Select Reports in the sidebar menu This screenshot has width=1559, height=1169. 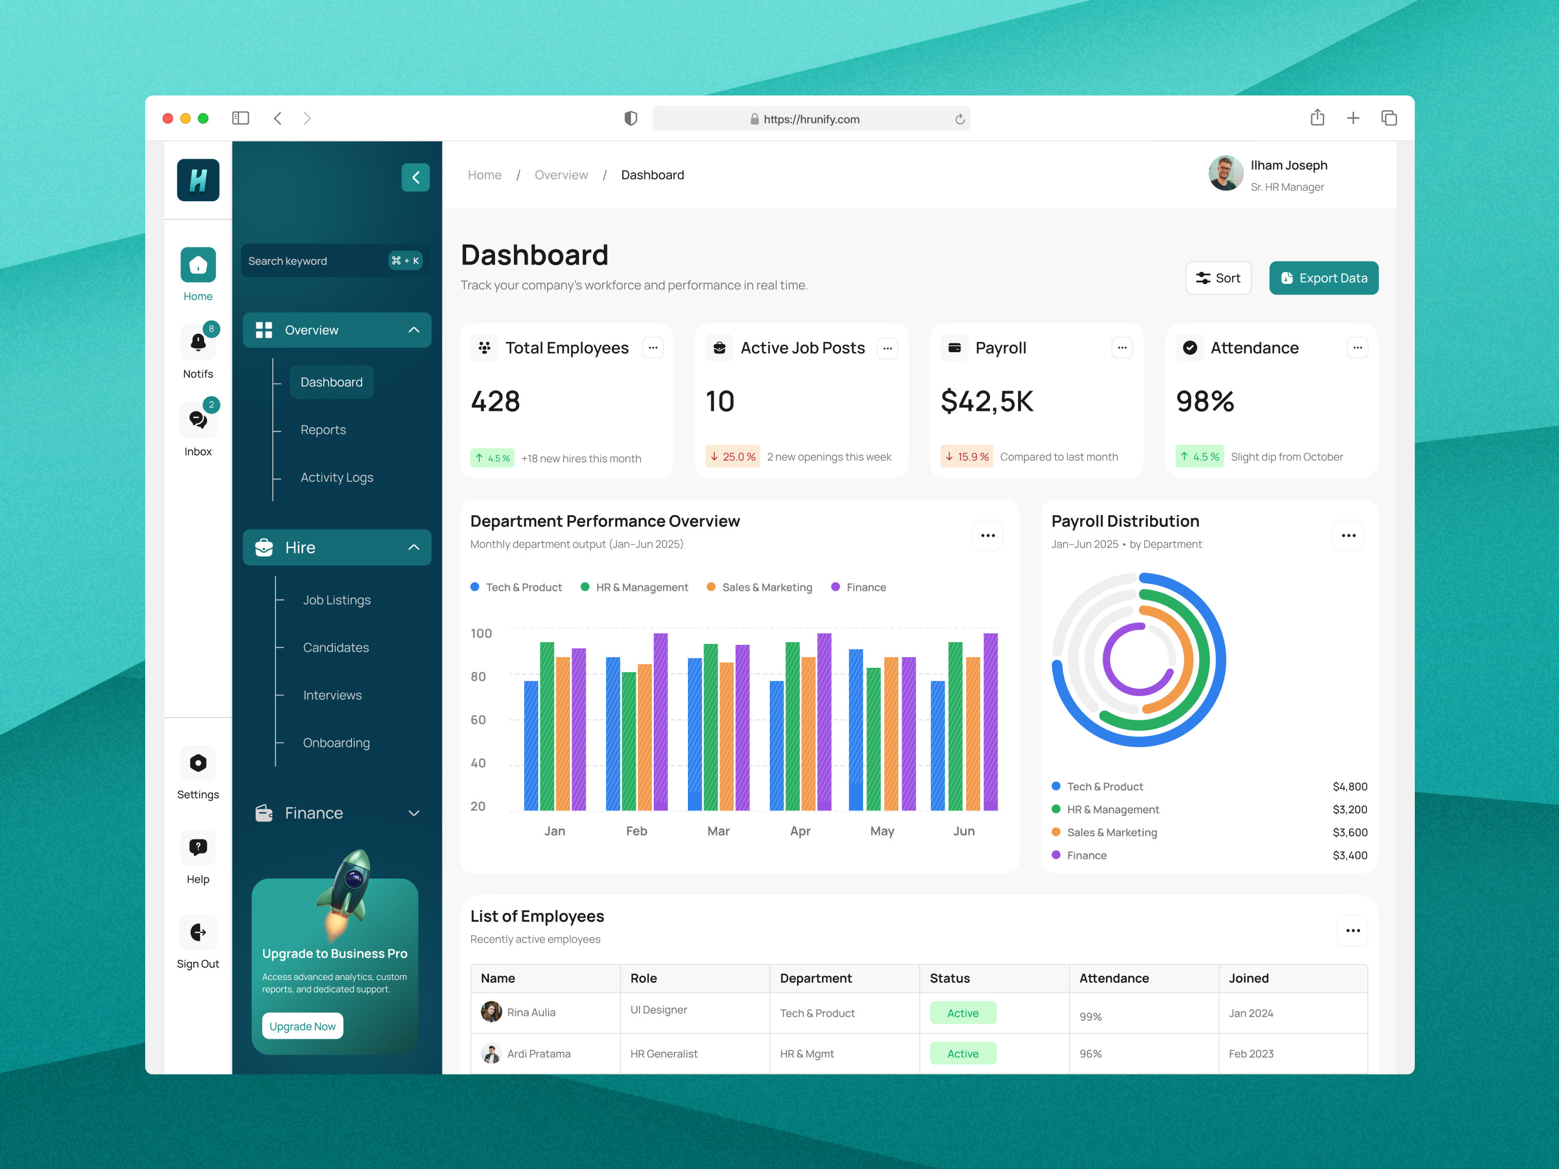tap(323, 430)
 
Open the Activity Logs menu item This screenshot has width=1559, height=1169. tap(336, 478)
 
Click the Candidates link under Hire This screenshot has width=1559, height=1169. tap(336, 647)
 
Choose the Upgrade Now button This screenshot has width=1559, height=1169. tap(303, 1026)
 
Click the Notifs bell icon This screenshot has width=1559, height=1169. tap(198, 342)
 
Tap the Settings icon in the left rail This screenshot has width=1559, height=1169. tap(198, 763)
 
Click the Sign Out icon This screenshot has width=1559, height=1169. tap(198, 932)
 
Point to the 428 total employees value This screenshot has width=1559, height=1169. tap(495, 402)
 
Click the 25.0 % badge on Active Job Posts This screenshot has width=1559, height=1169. tap(732, 456)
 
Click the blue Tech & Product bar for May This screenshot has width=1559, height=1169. tap(856, 729)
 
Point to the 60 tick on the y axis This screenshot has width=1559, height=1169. tap(478, 719)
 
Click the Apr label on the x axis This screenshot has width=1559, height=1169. tap(800, 831)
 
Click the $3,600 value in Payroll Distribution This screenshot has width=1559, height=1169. tap(1349, 832)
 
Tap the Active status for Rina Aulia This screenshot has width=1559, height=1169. tap(962, 1013)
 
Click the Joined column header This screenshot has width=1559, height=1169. tap(1248, 978)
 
